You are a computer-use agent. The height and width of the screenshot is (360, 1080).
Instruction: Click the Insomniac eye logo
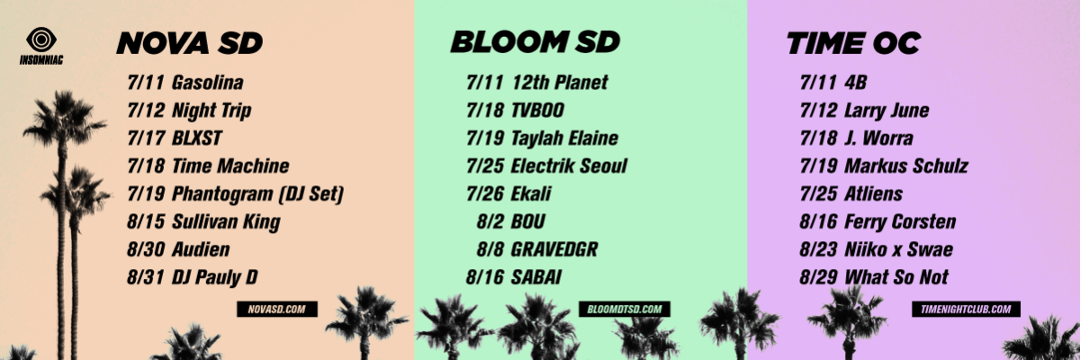tap(41, 40)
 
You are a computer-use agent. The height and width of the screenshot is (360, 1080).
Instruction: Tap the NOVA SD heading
tap(190, 43)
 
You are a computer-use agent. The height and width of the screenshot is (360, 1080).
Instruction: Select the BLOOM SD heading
tap(535, 42)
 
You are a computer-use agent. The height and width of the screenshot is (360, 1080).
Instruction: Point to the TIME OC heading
tap(854, 43)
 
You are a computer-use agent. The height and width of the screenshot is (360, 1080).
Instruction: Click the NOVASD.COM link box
tap(277, 310)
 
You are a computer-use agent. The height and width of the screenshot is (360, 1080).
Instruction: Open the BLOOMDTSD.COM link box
tap(625, 310)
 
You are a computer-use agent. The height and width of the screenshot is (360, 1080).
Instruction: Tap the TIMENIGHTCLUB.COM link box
tap(966, 310)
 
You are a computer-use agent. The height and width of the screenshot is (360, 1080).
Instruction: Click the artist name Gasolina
tap(208, 83)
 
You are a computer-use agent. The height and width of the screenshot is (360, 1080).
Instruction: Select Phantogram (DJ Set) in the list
tap(258, 194)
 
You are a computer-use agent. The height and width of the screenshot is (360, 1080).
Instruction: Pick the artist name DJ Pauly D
tap(215, 277)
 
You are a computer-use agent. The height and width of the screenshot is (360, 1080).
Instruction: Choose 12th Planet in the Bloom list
tap(559, 83)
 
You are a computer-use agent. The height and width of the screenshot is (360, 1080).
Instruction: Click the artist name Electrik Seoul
tap(569, 166)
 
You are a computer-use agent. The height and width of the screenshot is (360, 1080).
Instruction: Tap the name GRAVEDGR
tap(554, 249)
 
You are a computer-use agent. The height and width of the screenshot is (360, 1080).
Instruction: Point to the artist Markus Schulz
tap(906, 166)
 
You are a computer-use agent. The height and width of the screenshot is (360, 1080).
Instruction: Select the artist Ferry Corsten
tap(900, 221)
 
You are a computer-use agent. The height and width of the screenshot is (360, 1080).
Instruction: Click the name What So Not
tap(896, 277)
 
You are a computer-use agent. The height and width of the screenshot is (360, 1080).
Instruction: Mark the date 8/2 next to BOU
tap(490, 221)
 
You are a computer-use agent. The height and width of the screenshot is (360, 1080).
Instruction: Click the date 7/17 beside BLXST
tap(146, 139)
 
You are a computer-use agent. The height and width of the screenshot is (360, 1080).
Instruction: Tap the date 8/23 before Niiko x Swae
tap(819, 249)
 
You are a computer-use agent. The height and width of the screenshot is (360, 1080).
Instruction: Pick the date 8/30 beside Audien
tap(146, 249)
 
